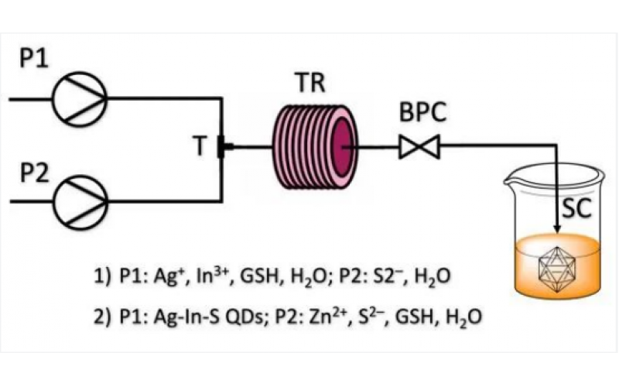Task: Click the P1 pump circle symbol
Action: coord(80,99)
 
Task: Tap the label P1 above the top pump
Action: coord(35,61)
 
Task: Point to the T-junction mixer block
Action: coord(222,146)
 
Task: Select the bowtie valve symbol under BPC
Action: coord(419,146)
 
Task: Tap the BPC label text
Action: coord(423,114)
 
